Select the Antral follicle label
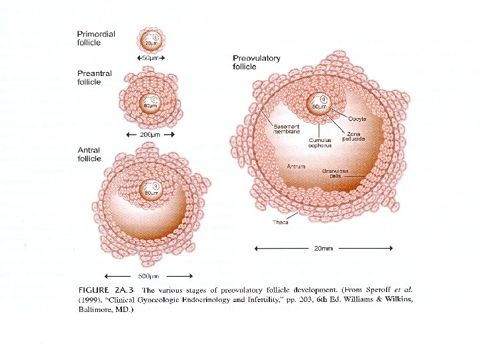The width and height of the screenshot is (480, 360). [89, 155]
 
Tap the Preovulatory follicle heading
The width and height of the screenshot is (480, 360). [257, 63]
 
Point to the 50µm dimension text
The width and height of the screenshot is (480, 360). [150, 58]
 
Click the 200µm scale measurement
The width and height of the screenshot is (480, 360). [150, 134]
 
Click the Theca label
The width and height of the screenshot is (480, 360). [281, 222]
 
